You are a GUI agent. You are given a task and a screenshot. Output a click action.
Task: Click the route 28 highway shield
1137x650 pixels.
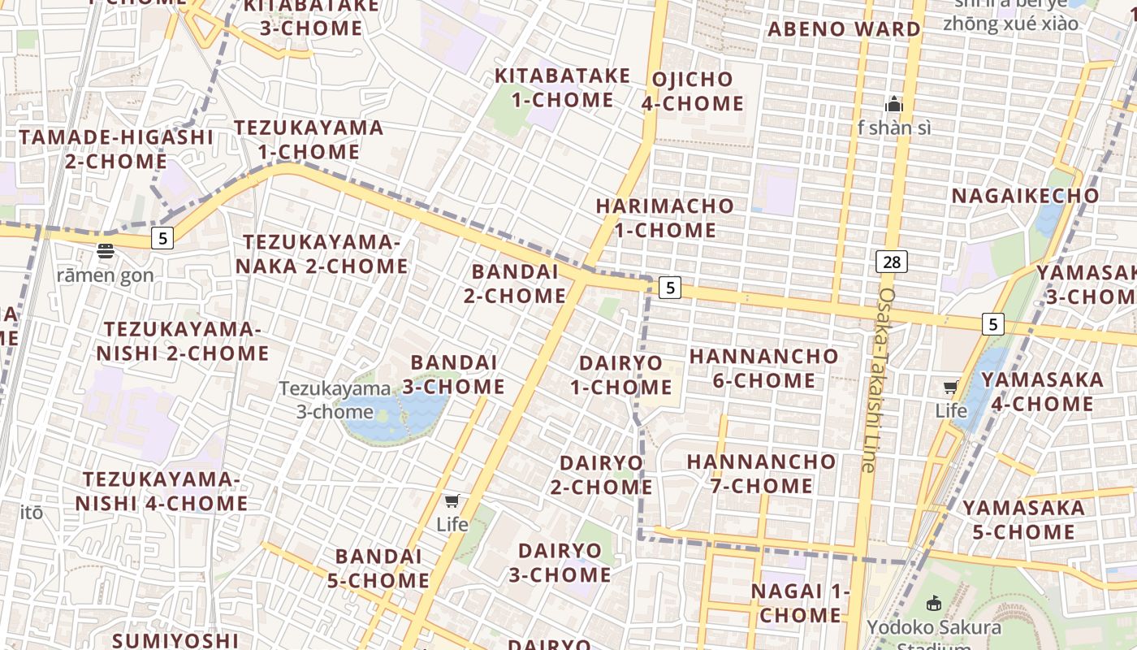(x=892, y=261)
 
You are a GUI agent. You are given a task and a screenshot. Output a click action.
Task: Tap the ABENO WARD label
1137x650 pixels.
(x=845, y=29)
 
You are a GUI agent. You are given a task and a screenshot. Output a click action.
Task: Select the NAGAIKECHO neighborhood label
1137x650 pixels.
(x=1025, y=196)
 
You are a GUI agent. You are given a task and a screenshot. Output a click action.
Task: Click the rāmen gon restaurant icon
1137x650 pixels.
(x=106, y=251)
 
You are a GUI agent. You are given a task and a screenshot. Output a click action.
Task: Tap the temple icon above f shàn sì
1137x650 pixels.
(x=894, y=104)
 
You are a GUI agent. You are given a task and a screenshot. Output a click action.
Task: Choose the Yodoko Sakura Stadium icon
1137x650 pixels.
(x=934, y=603)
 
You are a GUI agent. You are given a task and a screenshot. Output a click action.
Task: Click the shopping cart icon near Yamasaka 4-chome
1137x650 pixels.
(x=951, y=387)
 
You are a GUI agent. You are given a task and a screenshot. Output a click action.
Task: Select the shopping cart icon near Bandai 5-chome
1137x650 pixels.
(x=452, y=500)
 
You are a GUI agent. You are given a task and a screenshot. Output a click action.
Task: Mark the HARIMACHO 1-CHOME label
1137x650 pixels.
(x=665, y=218)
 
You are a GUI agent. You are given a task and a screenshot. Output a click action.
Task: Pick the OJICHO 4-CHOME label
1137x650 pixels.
(x=693, y=91)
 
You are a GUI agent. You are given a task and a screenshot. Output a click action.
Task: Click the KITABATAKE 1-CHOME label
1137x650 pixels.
(x=563, y=88)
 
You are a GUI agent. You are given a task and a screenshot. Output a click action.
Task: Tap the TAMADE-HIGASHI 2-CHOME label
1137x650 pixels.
(x=116, y=149)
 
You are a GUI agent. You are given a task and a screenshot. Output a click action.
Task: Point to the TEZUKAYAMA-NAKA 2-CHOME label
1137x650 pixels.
(x=322, y=254)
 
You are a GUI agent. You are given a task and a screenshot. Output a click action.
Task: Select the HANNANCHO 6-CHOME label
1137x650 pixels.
(x=763, y=368)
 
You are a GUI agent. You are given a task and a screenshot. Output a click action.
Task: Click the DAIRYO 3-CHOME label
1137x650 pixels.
(x=560, y=562)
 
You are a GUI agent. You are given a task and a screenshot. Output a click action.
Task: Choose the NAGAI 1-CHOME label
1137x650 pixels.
(x=800, y=603)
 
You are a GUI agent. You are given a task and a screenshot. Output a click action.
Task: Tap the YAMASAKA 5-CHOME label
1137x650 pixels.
(x=1023, y=520)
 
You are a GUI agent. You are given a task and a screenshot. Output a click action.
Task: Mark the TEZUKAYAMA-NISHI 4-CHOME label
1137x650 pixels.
(x=162, y=492)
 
